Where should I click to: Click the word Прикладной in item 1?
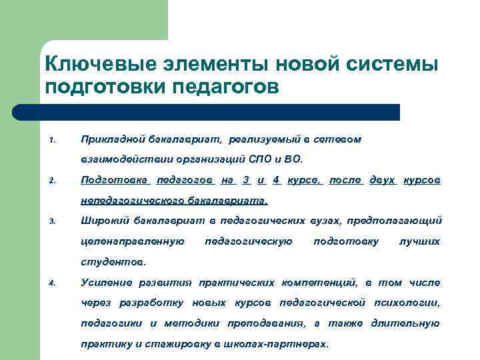pos(109,139)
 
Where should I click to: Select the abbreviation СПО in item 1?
pos(262,159)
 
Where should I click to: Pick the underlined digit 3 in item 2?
pos(246,180)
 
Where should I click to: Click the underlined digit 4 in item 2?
pos(277,180)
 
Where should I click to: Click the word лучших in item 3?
pos(419,241)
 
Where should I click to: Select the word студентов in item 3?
pos(111,262)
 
